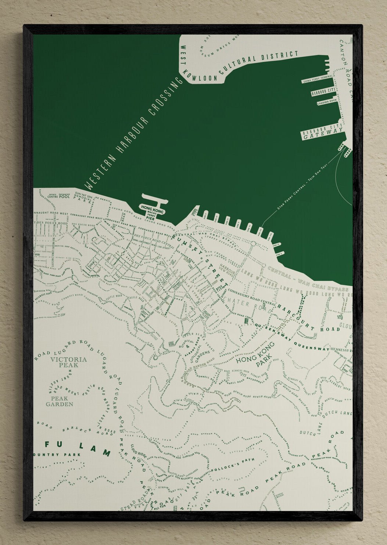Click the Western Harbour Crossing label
pyautogui.click(x=135, y=133)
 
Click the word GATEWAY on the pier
pyautogui.click(x=323, y=136)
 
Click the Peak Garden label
pyautogui.click(x=59, y=401)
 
